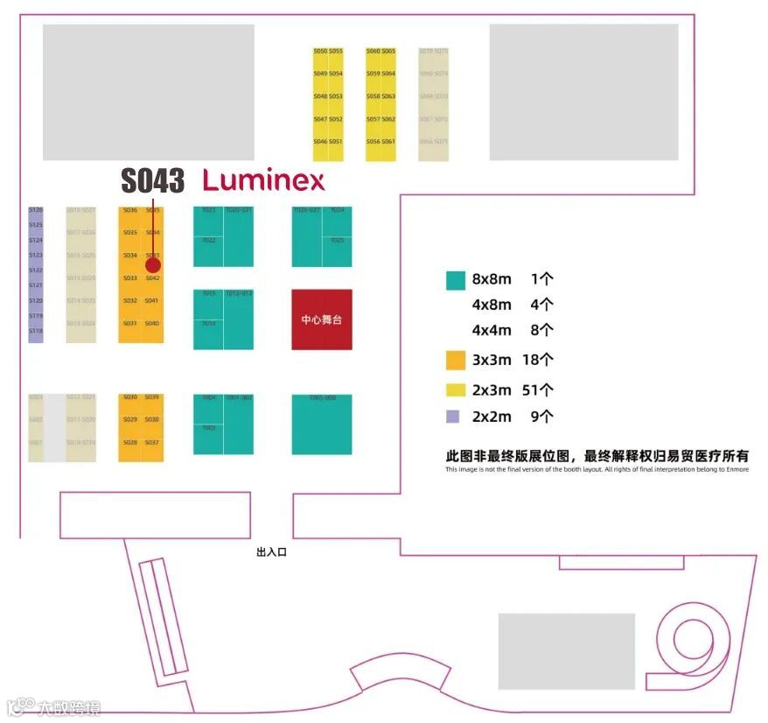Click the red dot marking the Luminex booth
click(x=153, y=264)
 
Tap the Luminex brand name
click(x=263, y=181)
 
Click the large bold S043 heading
click(x=153, y=181)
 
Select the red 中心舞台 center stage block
click(x=322, y=319)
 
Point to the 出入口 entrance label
click(x=271, y=552)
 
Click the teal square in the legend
click(x=455, y=280)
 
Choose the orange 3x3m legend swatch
click(x=455, y=360)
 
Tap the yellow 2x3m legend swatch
click(x=455, y=390)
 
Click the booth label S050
click(x=320, y=52)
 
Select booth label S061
click(x=388, y=142)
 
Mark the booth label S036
click(x=130, y=210)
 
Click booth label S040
click(x=152, y=324)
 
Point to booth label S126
click(x=36, y=210)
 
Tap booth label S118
click(x=36, y=331)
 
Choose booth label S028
click(x=130, y=443)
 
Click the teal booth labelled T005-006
click(x=322, y=424)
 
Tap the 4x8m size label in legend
click(x=492, y=305)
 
